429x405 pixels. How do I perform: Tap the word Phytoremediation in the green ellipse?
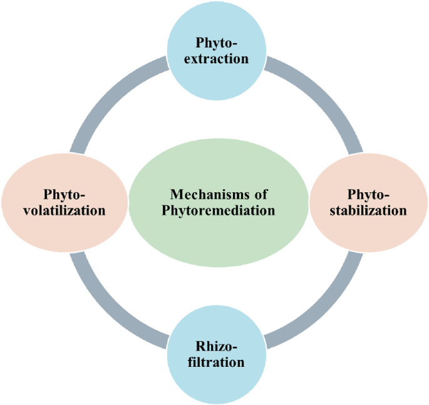pyautogui.click(x=218, y=210)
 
